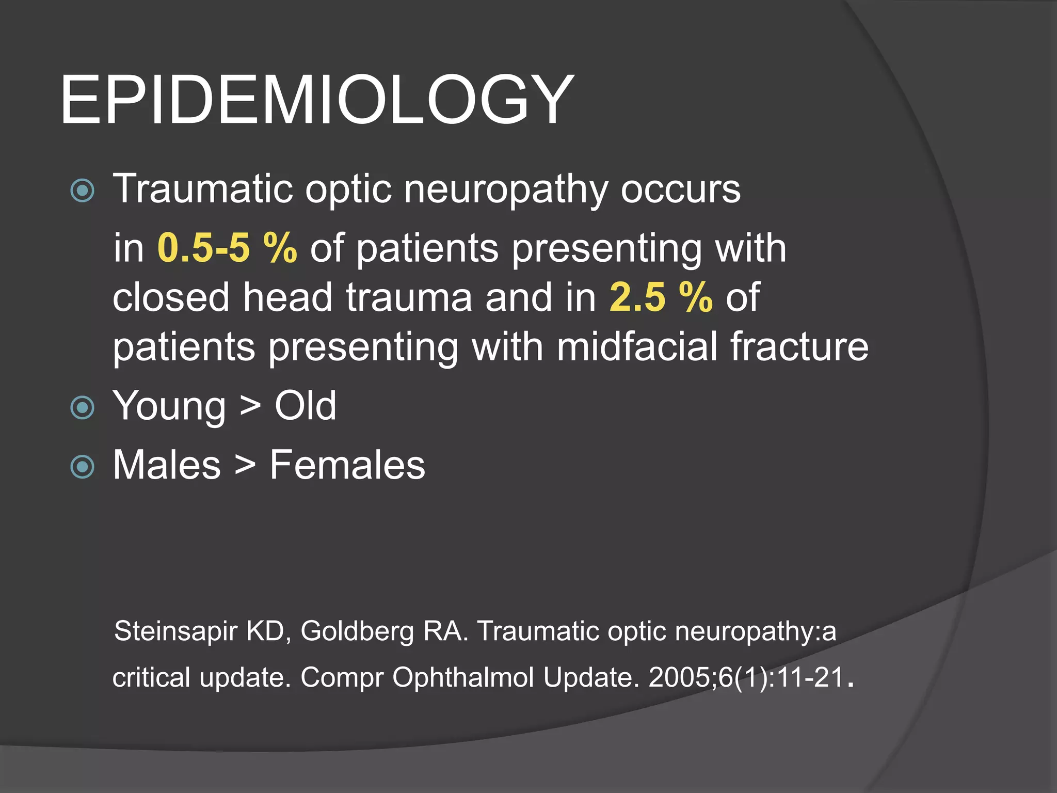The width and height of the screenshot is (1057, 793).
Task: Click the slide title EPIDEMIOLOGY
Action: coord(317,100)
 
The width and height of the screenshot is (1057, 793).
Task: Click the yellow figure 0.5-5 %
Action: coord(227,248)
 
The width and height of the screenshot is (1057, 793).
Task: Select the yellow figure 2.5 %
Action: coord(661,297)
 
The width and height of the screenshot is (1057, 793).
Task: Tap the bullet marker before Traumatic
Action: coord(83,191)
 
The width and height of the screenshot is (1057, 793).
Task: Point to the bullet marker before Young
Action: coord(83,407)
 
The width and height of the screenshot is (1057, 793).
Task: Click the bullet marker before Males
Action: coord(83,467)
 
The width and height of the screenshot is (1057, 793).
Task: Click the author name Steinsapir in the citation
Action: coord(175,631)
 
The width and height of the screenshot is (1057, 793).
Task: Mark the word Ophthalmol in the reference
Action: coord(463,677)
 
